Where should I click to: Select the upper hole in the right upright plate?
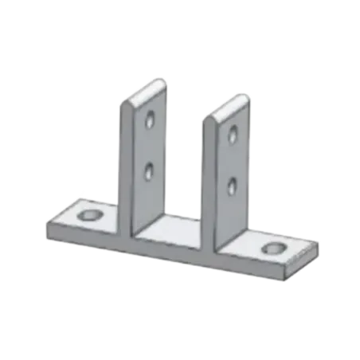coord(233,133)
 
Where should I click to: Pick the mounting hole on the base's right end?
coord(276,248)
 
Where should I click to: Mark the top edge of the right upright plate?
coord(228,99)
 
